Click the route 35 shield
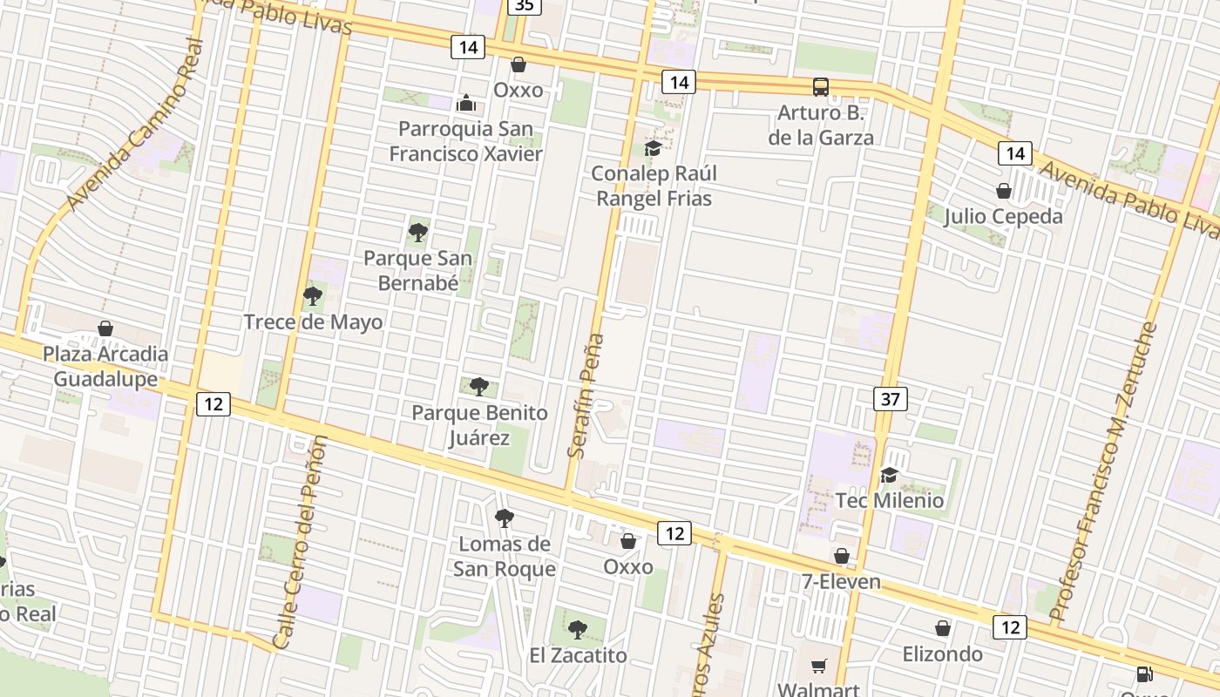(524, 5)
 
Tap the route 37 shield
(890, 399)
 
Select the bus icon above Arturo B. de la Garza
(821, 87)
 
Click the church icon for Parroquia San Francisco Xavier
(466, 104)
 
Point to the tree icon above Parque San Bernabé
(418, 232)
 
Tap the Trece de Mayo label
(313, 322)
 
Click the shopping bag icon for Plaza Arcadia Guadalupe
(105, 328)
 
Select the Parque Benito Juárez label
(479, 424)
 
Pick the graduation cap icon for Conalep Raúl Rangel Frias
(653, 148)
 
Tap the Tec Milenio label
(889, 500)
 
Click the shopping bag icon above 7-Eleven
(842, 556)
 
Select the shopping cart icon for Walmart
(818, 667)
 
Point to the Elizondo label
(942, 653)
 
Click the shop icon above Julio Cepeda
(1004, 191)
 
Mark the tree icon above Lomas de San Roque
(504, 518)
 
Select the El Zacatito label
(578, 655)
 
